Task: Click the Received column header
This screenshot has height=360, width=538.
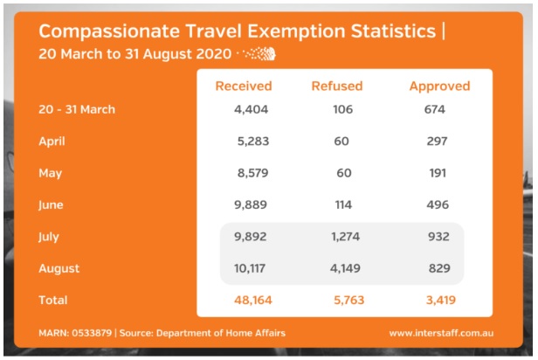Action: coord(244,86)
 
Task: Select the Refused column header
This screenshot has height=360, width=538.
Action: coord(337,86)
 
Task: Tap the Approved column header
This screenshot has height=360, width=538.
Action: coord(439,86)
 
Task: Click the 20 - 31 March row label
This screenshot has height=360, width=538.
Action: coord(77,109)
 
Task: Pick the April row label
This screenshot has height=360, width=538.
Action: coord(53,141)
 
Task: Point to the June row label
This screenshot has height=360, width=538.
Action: coord(52,204)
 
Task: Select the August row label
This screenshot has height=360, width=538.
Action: coord(58,268)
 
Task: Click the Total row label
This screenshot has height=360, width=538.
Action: coord(52,300)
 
